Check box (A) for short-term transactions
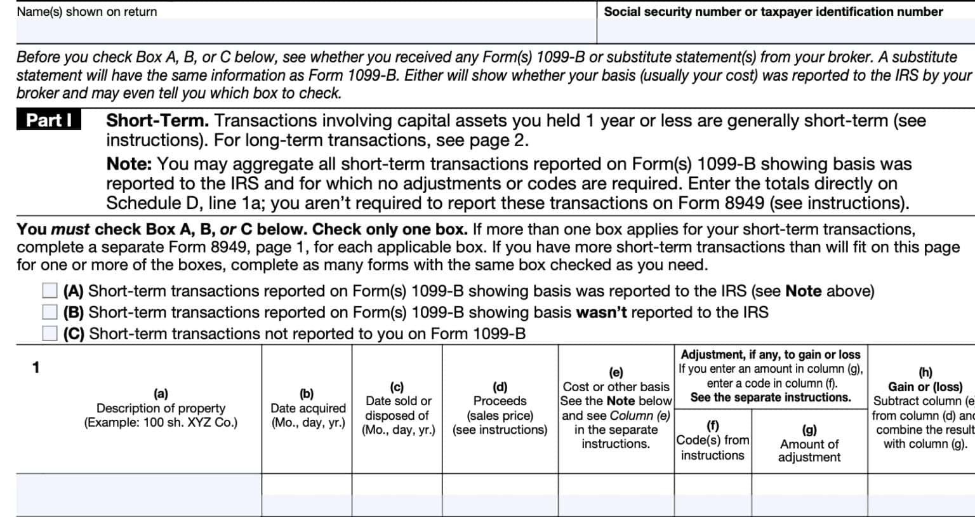50,291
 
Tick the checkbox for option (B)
50,312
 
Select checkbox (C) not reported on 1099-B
50,333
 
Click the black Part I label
49,121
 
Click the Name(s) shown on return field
305,30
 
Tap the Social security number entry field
785,30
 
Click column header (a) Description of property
161,408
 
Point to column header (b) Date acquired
307,408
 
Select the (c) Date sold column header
398,408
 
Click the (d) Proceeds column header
500,408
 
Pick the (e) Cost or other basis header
616,408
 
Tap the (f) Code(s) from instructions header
712,440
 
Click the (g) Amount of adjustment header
809,443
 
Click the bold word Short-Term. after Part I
157,121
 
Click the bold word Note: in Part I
129,164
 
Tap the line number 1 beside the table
36,367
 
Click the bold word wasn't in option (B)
600,312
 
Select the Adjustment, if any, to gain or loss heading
770,354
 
